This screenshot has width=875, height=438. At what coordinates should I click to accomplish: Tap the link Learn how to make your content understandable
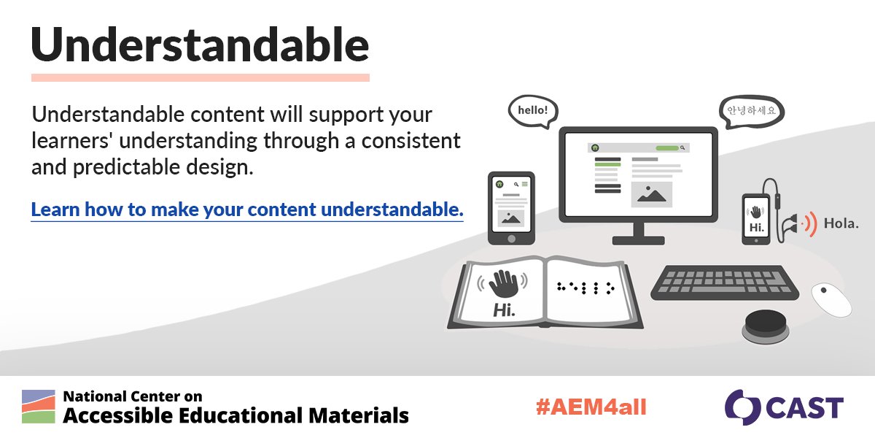[x=247, y=210]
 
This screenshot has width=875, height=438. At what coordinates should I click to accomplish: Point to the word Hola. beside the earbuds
[x=840, y=223]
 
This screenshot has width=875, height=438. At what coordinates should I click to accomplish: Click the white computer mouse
[x=831, y=299]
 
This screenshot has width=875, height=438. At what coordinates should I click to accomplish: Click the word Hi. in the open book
[x=503, y=310]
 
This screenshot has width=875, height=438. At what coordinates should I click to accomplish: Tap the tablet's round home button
[x=511, y=238]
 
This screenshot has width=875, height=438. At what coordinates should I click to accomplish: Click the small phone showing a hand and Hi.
[x=756, y=217]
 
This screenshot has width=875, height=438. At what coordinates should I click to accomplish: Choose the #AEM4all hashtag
[x=591, y=407]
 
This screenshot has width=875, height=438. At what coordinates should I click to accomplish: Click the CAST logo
[x=784, y=407]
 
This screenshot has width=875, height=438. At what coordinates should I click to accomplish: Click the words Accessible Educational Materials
[x=236, y=415]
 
